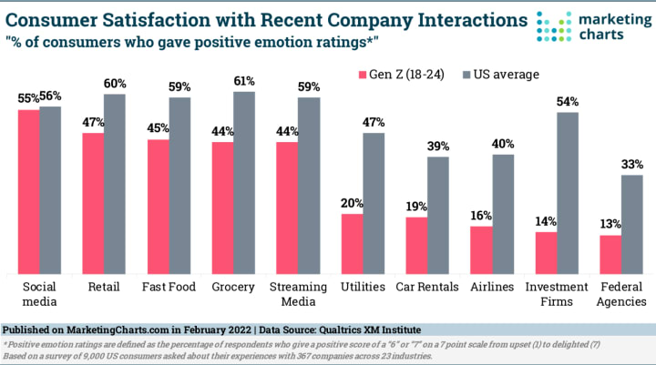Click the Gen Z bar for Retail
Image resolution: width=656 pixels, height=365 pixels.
point(93,203)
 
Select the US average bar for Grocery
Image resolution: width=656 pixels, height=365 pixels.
point(244,182)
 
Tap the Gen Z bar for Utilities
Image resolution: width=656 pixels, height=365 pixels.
point(352,243)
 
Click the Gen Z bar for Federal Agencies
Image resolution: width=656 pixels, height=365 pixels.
point(610,254)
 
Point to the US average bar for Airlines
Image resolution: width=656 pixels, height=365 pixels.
point(503,214)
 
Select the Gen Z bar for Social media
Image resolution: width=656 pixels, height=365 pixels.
point(28,191)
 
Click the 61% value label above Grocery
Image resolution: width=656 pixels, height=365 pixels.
point(244,82)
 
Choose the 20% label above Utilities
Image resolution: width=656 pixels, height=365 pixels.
point(352,204)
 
